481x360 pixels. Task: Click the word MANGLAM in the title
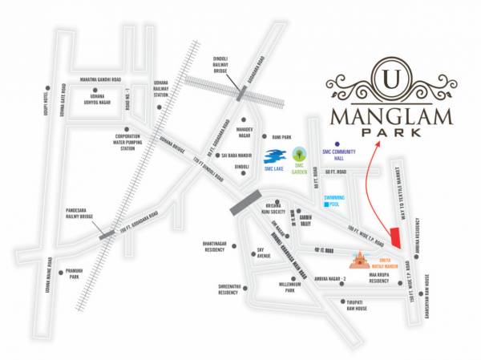(x=390, y=116)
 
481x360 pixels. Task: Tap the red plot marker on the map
(x=396, y=238)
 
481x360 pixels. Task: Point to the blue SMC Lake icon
(x=275, y=156)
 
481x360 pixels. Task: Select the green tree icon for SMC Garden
(x=300, y=152)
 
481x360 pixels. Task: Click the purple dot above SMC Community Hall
(x=337, y=146)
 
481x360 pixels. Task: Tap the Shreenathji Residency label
(x=222, y=289)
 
